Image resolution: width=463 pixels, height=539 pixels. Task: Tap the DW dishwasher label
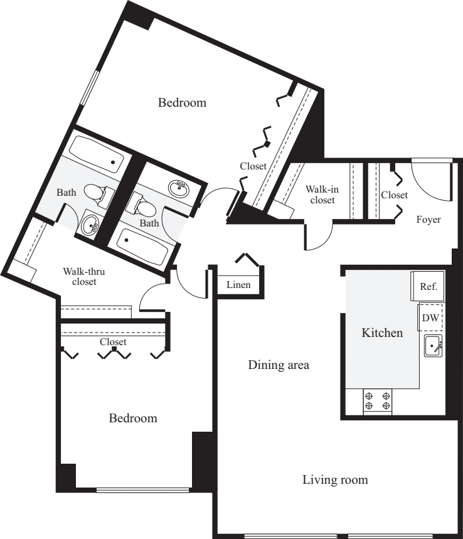point(430,318)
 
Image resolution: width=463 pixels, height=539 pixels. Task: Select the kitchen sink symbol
point(433,346)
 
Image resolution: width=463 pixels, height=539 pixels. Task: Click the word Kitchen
point(382,333)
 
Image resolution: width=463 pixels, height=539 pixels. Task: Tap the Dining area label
point(279,365)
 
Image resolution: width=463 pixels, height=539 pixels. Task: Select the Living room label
point(335,480)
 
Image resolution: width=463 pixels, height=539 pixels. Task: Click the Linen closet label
point(238,285)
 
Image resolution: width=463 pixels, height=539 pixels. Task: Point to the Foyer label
point(428,220)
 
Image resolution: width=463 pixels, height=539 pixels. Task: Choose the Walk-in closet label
point(320,195)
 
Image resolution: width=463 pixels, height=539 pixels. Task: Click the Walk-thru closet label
point(80,277)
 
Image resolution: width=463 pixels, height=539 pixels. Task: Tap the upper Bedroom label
point(182,102)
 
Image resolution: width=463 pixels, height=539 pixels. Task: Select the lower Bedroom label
point(133,418)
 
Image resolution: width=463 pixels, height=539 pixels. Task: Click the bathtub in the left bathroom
point(95,156)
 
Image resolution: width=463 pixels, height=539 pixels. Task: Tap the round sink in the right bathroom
point(180,187)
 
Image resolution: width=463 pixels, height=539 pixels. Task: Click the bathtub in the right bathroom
point(143,246)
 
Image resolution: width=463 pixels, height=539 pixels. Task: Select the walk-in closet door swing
point(319,237)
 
